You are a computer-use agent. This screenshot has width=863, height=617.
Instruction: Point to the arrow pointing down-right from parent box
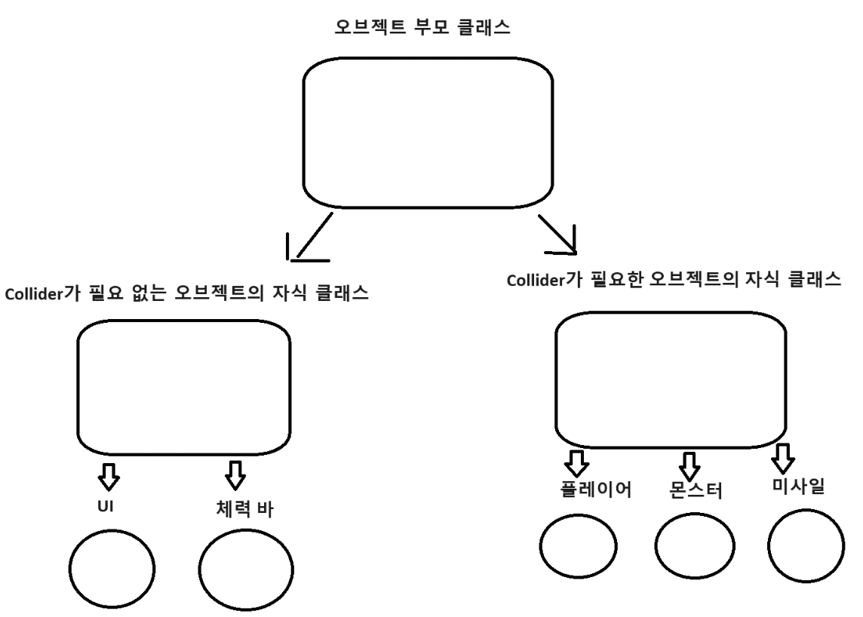(x=557, y=234)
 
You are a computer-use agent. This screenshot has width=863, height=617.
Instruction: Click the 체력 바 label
(x=238, y=508)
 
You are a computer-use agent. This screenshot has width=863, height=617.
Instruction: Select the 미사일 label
(x=794, y=488)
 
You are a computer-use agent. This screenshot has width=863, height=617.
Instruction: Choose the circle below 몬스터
(x=694, y=544)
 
